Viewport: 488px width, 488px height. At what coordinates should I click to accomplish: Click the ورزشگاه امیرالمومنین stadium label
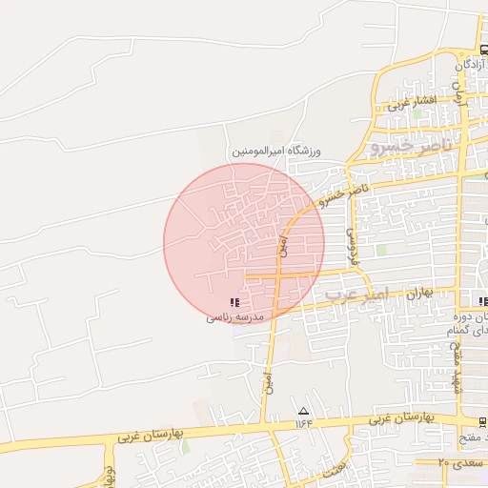tap(276, 152)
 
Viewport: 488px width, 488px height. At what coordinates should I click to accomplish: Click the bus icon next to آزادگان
tap(483, 50)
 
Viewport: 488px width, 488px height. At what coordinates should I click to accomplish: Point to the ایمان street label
tap(457, 92)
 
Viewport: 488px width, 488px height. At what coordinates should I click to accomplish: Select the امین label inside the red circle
tap(282, 245)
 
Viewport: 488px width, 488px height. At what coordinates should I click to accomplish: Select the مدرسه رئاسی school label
tap(234, 316)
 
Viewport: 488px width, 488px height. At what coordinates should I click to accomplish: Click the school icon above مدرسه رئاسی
tap(234, 302)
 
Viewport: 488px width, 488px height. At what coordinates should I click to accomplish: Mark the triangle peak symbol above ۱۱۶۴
tap(304, 410)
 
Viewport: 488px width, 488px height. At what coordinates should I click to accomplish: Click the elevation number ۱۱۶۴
tap(304, 422)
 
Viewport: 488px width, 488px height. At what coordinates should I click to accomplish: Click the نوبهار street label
tap(111, 475)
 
